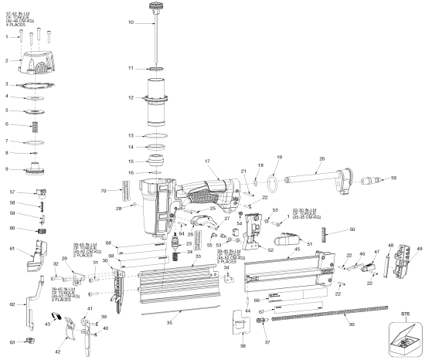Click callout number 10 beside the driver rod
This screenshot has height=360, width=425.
pos(131,22)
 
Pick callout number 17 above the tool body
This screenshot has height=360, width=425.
pos(206,161)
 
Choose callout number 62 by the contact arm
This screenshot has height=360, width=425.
pos(12,305)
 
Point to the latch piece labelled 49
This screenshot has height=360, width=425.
pos(410,260)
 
